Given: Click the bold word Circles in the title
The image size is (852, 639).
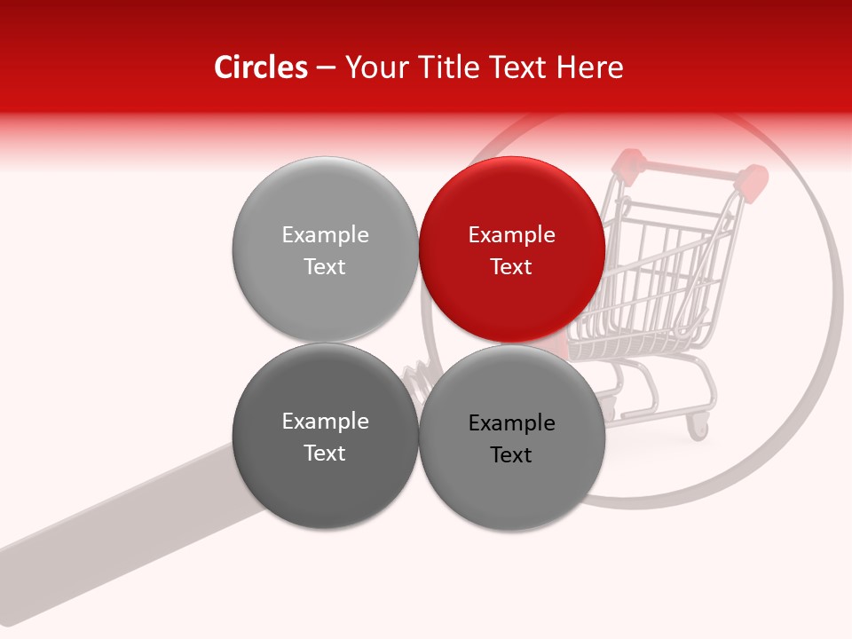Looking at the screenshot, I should point(261,67).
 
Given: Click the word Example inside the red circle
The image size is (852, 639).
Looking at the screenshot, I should point(512,235).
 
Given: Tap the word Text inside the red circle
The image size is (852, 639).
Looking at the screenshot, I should point(512,266).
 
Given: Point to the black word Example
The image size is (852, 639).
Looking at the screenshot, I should point(512,423).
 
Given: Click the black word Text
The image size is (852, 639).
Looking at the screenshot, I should point(512,454).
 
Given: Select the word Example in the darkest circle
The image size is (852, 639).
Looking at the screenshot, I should point(325,422).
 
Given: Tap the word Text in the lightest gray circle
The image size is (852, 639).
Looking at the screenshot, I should point(325,266).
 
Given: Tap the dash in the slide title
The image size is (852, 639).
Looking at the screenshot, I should point(326,67).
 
